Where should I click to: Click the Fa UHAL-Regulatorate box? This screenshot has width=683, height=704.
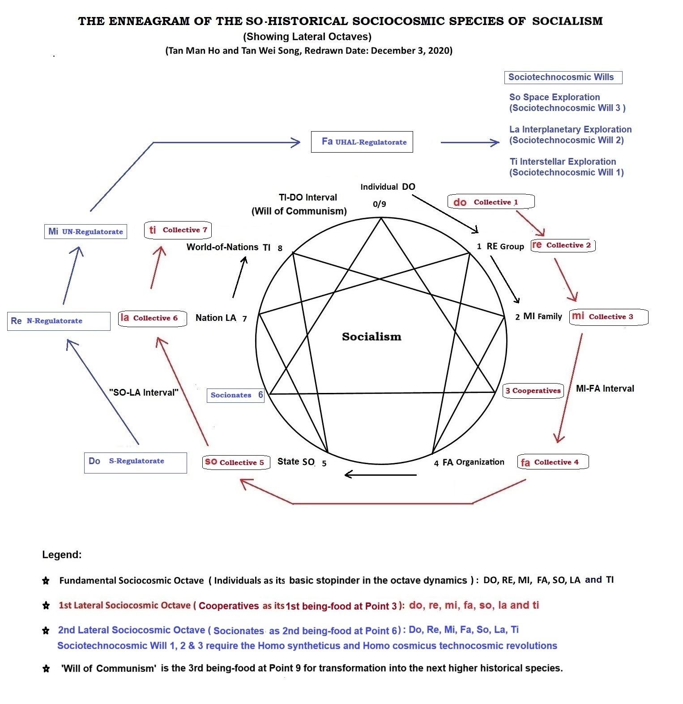pyautogui.click(x=362, y=142)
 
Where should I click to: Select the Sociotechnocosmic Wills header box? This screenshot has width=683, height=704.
pyautogui.click(x=563, y=77)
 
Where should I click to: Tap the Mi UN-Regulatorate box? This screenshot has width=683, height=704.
pyautogui.click(x=85, y=231)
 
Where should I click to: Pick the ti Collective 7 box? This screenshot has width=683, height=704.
pyautogui.click(x=178, y=230)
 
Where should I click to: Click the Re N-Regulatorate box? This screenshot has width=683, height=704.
pyautogui.click(x=59, y=321)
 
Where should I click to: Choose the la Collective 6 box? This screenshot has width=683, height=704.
pyautogui.click(x=153, y=318)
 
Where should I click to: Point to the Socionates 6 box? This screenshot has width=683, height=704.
pyautogui.click(x=235, y=395)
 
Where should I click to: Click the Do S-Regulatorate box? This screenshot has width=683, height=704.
pyautogui.click(x=136, y=462)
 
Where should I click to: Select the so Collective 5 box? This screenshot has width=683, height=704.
pyautogui.click(x=236, y=462)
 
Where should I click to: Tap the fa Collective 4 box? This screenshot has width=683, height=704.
pyautogui.click(x=553, y=462)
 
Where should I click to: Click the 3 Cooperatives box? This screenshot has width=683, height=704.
pyautogui.click(x=533, y=391)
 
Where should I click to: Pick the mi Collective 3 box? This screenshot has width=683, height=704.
pyautogui.click(x=609, y=317)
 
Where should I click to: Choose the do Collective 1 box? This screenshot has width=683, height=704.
pyautogui.click(x=491, y=202)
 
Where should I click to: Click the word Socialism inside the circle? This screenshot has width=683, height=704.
pyautogui.click(x=371, y=337)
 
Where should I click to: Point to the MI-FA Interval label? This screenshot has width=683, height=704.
pyautogui.click(x=605, y=388)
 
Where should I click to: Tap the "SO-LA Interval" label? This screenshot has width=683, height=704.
pyautogui.click(x=144, y=393)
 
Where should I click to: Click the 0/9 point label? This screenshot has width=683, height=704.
pyautogui.click(x=380, y=204)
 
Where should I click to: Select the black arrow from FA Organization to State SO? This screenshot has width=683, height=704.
pyautogui.click(x=381, y=474)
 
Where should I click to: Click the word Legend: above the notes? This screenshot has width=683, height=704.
pyautogui.click(x=62, y=555)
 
